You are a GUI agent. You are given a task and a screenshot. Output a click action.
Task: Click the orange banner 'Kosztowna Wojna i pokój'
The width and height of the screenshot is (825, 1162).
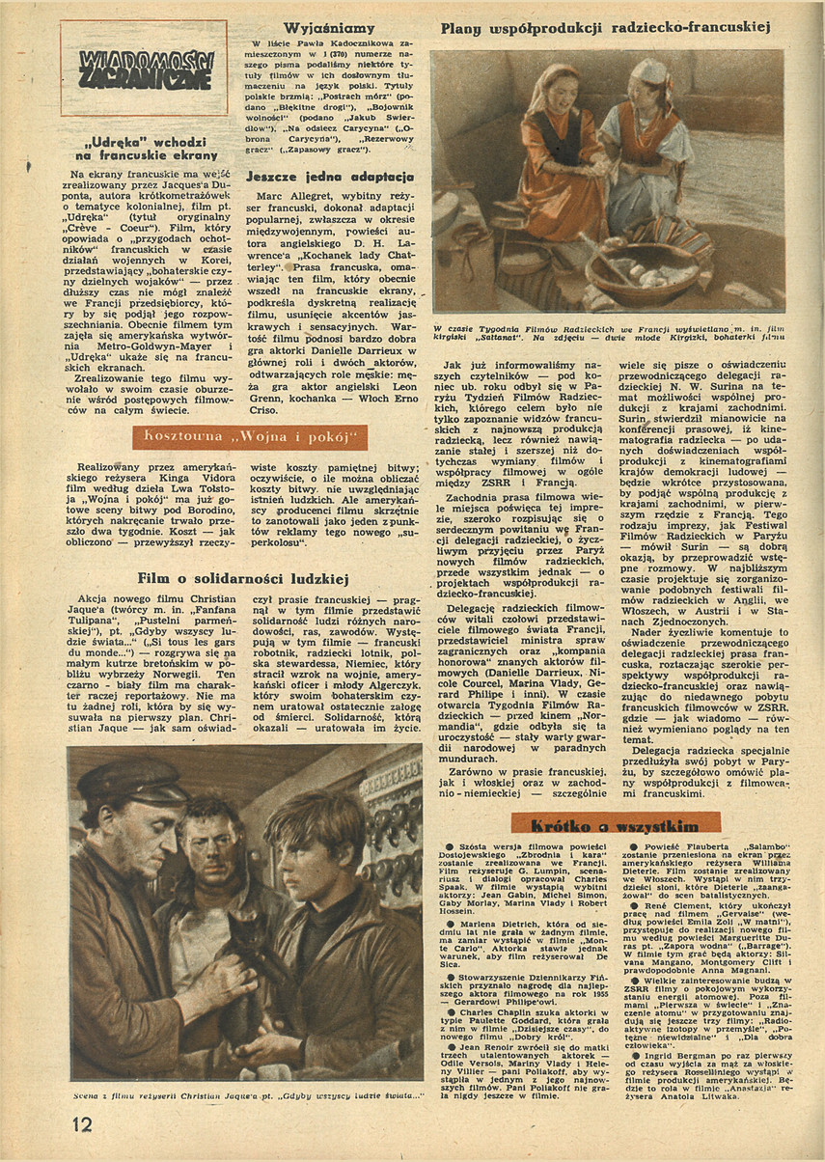250,437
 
